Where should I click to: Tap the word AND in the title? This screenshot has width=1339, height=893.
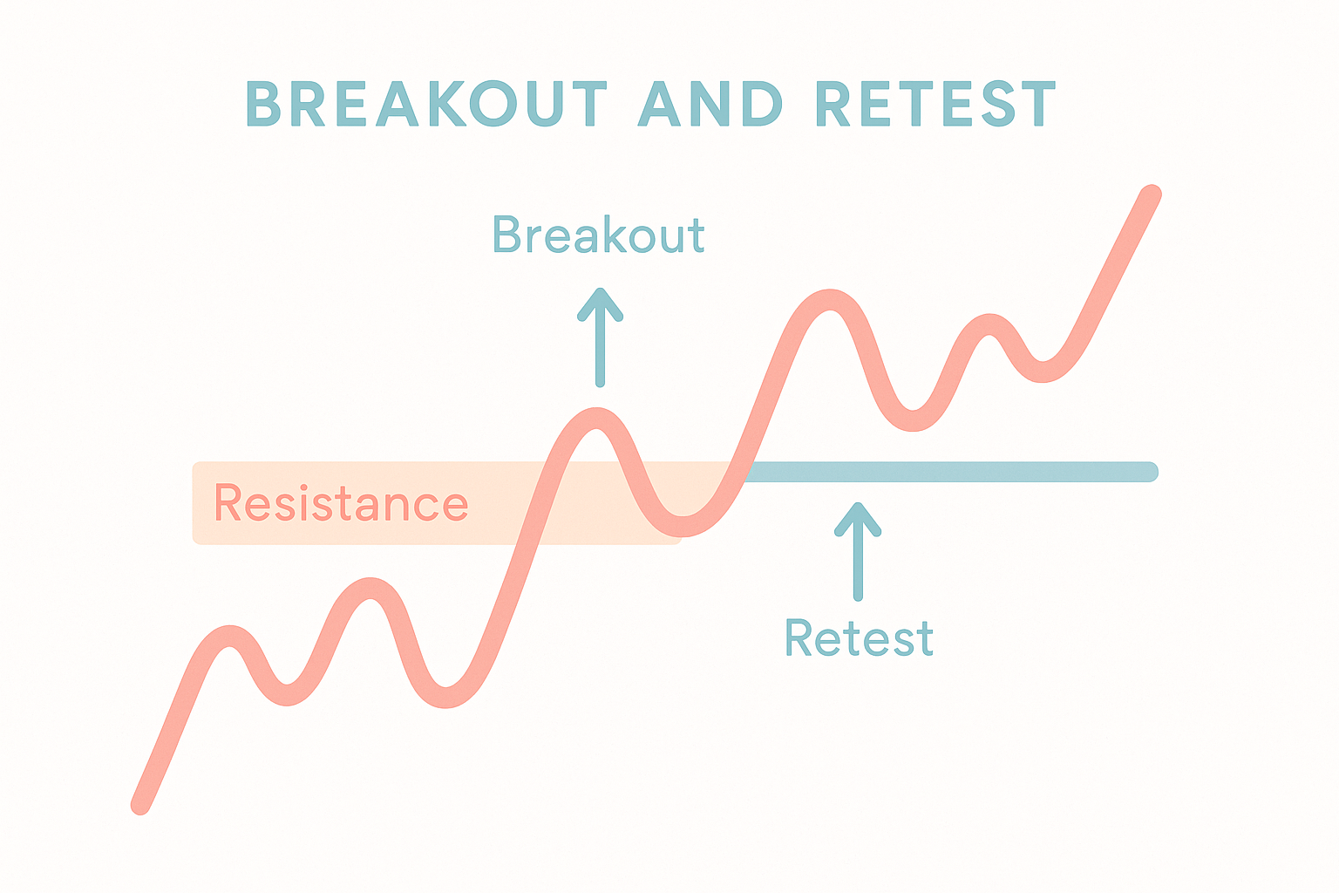click(710, 104)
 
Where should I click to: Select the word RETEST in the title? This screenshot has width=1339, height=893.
click(935, 104)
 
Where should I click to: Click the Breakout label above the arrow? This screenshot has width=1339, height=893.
click(598, 234)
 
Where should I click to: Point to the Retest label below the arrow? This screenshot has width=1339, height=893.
click(859, 637)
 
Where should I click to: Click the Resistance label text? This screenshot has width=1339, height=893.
click(341, 503)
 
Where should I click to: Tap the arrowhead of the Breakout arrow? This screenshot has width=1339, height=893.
click(600, 303)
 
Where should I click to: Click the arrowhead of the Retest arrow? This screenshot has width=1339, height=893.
click(858, 519)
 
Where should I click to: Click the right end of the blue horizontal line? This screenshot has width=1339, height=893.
click(1150, 471)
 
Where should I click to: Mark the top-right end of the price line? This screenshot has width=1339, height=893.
click(1152, 194)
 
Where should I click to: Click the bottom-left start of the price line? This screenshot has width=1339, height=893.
click(140, 804)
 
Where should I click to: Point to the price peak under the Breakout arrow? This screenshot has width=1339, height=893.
click(597, 418)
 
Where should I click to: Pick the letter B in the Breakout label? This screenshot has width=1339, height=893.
click(506, 234)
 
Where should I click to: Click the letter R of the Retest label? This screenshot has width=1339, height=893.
click(799, 637)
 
